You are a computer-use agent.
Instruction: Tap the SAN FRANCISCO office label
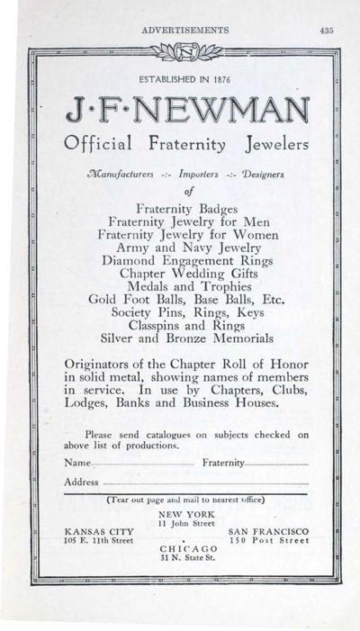pos(269,531)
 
